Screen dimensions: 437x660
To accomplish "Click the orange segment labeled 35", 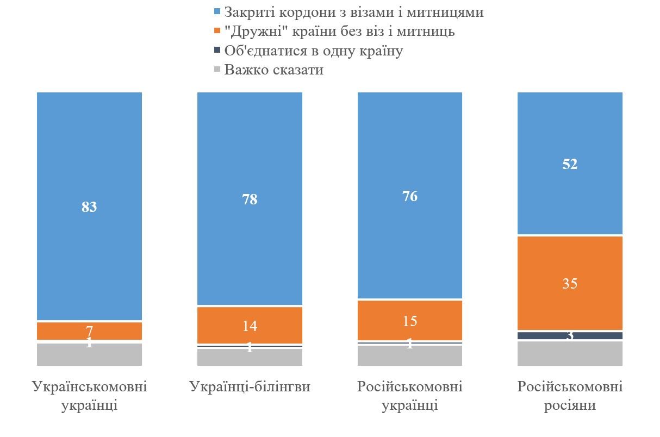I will (x=570, y=283).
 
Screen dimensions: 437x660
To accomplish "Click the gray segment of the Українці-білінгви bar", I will (x=250, y=358).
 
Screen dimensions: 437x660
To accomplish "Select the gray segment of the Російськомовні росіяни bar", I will (x=570, y=353).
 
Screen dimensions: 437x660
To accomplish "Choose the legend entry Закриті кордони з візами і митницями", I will (x=353, y=11).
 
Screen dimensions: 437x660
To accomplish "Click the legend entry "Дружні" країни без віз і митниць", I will (x=339, y=31).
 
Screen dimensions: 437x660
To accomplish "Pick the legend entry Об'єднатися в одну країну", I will (x=313, y=51).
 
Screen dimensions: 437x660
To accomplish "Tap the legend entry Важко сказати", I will (x=273, y=70).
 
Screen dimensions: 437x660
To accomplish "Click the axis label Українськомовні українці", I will (x=89, y=396).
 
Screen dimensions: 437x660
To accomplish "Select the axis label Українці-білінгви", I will (x=250, y=387).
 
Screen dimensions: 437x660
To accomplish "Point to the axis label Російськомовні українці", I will (x=409, y=396).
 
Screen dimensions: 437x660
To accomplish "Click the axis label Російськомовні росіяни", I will (x=570, y=396).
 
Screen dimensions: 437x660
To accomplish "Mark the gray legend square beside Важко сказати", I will (x=217, y=70).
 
